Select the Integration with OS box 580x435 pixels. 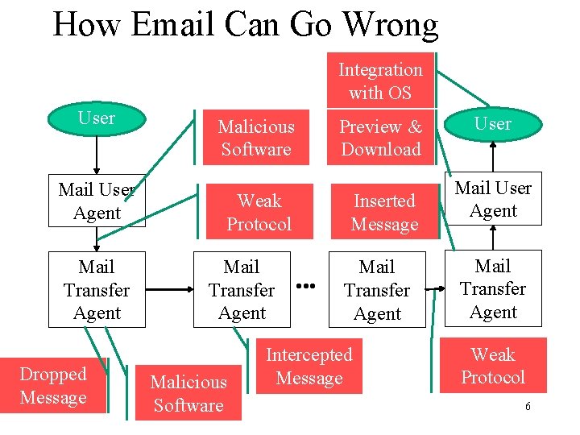point(380,81)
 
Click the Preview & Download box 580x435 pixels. point(380,138)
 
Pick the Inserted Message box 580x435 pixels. point(384,213)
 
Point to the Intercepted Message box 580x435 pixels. point(309,367)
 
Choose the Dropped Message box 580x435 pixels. point(53,386)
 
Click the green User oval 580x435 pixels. point(96,118)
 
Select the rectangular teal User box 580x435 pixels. point(492,123)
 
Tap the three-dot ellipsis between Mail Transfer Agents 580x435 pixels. point(306,285)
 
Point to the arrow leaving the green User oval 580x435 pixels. point(97,154)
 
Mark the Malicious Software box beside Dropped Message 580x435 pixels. point(188,393)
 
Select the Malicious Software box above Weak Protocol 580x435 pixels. point(256,138)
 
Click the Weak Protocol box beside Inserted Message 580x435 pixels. point(259,213)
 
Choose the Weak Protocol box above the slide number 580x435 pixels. point(493,367)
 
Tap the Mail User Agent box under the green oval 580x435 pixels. point(97,201)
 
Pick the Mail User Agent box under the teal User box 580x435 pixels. point(493,199)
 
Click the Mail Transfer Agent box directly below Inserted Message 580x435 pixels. point(377,290)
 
